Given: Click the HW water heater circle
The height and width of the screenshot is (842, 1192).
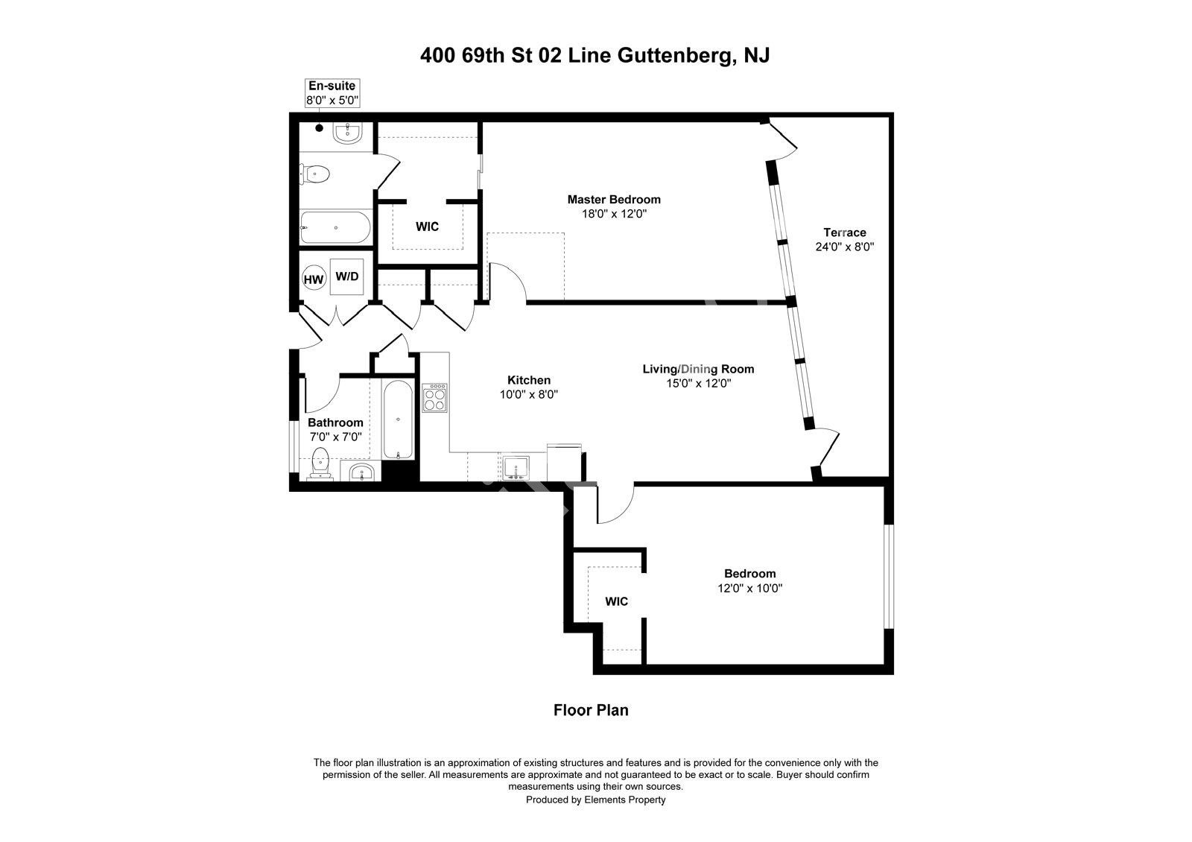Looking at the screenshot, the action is [314, 279].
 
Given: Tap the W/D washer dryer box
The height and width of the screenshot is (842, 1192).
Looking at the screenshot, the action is [347, 276].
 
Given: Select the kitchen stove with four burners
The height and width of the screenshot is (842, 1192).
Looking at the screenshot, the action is [435, 398].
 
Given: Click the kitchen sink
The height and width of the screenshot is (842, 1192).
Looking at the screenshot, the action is [516, 468].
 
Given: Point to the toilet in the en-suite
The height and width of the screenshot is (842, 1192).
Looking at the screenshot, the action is [314, 174].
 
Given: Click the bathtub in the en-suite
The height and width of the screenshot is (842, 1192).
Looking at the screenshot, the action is [335, 227].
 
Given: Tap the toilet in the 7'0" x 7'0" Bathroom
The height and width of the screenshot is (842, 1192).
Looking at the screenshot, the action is [320, 463].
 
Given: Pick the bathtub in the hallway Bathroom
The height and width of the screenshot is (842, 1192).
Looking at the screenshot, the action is [398, 420].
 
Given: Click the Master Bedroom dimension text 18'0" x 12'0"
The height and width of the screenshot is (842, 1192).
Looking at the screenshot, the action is [614, 214].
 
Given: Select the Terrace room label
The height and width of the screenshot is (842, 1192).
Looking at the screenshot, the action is [845, 232].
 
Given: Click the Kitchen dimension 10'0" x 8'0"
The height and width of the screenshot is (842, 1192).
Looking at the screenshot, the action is [528, 394].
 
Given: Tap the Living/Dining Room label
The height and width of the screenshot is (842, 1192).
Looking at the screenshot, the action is [698, 369].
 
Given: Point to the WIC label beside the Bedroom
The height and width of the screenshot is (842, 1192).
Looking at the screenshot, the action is [616, 601].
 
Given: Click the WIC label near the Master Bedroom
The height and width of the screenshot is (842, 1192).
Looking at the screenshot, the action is [428, 227].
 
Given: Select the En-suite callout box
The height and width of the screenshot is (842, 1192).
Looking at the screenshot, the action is [332, 93].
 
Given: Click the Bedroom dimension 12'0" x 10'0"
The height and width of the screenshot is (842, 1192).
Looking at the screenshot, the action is [749, 588].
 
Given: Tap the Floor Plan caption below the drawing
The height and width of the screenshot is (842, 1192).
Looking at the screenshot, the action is [591, 710].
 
